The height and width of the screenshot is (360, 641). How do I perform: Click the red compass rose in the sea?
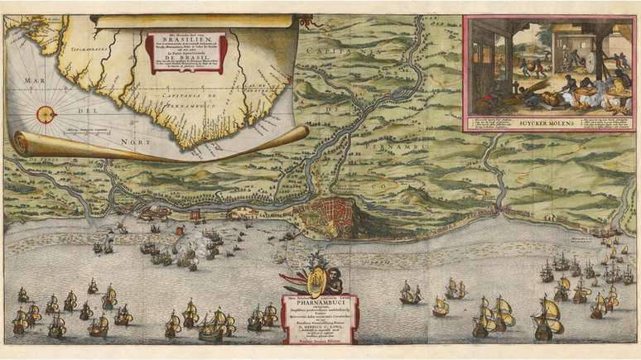(46, 114)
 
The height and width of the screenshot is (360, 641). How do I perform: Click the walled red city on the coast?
(328, 216)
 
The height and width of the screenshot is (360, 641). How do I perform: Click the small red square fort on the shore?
(194, 215)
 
